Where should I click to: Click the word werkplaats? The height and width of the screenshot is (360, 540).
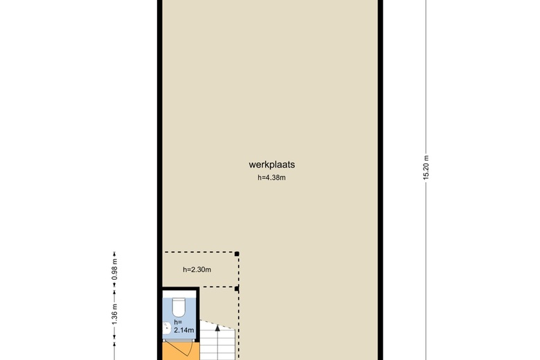point(271,165)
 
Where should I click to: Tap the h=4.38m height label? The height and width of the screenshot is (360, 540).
point(271,178)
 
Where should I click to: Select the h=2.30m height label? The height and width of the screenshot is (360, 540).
point(197,270)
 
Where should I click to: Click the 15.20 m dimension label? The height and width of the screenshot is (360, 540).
point(426,166)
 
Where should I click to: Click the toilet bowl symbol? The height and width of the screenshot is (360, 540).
point(179,305)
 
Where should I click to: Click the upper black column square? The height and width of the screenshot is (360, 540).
point(237,254)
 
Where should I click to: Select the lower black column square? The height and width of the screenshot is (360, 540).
point(237,288)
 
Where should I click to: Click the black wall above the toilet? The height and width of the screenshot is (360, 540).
point(179,290)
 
